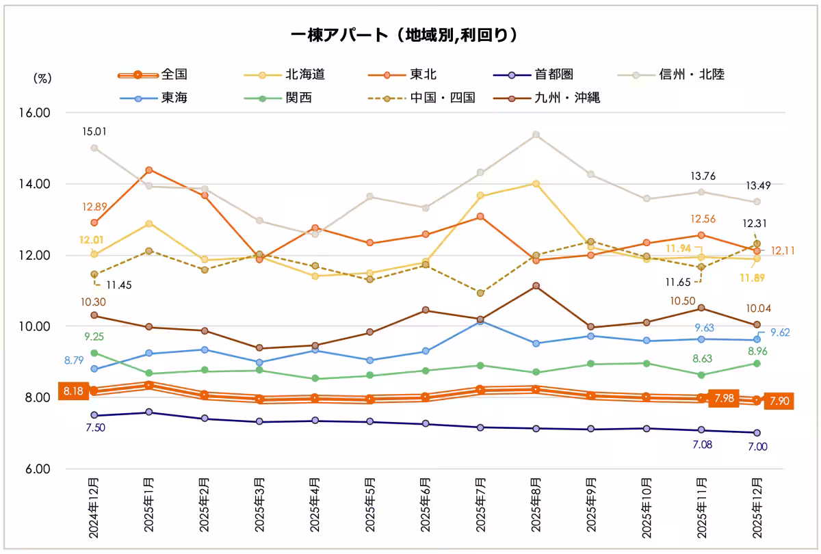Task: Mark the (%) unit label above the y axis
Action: pos(42,79)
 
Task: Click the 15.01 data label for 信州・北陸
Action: pos(94,131)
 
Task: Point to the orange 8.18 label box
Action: pos(73,391)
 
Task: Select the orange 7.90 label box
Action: pos(779,401)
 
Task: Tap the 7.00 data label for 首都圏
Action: pos(757,447)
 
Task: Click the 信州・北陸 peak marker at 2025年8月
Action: pos(536,135)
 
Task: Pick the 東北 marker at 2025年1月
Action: pos(149,170)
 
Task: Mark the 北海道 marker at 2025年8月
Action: pos(536,183)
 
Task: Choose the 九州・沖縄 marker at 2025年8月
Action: pos(536,286)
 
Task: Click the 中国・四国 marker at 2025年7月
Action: pos(481,293)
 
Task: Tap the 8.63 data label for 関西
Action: pos(701,358)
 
